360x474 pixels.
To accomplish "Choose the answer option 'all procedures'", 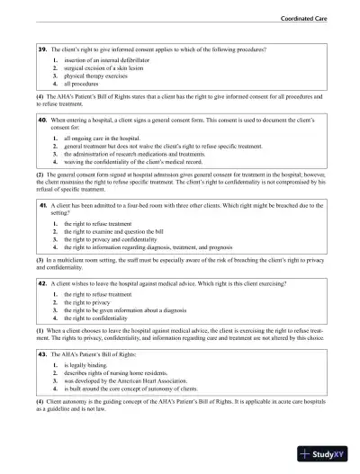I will [78, 83].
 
